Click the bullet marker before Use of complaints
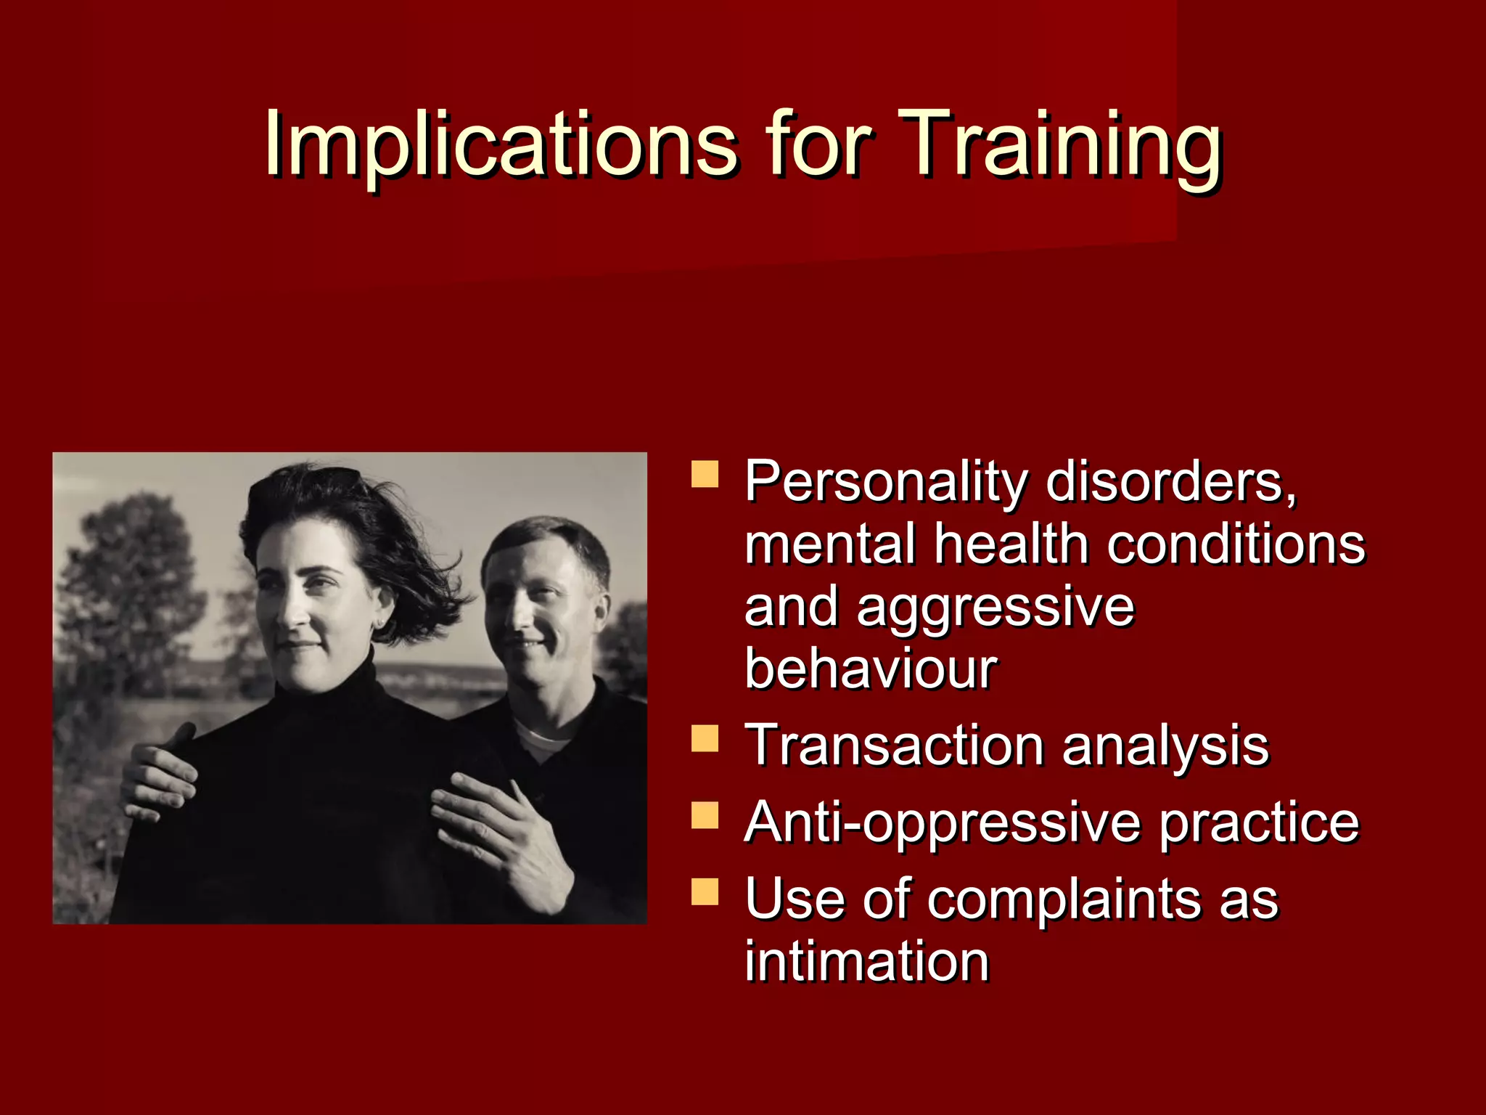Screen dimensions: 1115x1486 pyautogui.click(x=705, y=891)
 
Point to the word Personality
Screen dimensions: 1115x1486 pyautogui.click(x=886, y=483)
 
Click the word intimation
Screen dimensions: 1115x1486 pyautogui.click(x=866, y=961)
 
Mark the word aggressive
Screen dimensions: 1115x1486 pyautogui.click(x=995, y=608)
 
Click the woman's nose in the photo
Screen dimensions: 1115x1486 pyautogui.click(x=294, y=613)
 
